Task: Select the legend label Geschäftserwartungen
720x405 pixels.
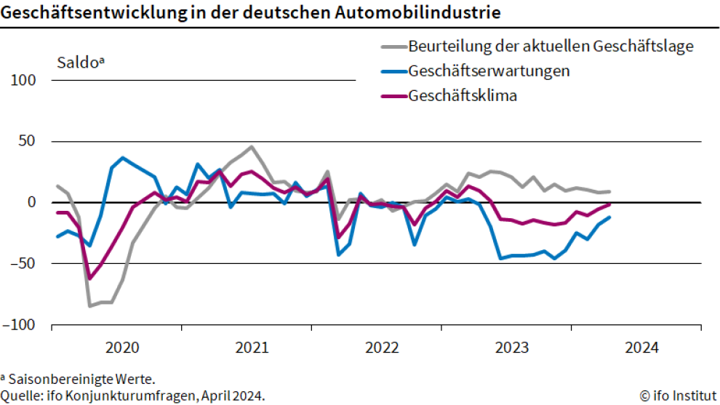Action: pyautogui.click(x=489, y=71)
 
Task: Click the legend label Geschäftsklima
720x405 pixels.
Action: pyautogui.click(x=463, y=96)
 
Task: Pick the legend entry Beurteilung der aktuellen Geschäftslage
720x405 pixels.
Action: pyautogui.click(x=551, y=47)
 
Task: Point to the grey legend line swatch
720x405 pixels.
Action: pyautogui.click(x=393, y=47)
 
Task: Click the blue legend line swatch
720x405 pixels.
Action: pyautogui.click(x=393, y=72)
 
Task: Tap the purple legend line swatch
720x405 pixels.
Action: pyautogui.click(x=393, y=96)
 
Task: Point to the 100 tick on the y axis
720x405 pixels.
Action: pyautogui.click(x=23, y=80)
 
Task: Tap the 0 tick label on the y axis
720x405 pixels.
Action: pyautogui.click(x=31, y=202)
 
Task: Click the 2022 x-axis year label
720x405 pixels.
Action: pyautogui.click(x=381, y=348)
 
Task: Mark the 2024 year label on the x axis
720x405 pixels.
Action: pyautogui.click(x=641, y=348)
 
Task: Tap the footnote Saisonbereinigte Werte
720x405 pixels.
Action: pyautogui.click(x=81, y=380)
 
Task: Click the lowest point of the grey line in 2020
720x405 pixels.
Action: pyautogui.click(x=90, y=306)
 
